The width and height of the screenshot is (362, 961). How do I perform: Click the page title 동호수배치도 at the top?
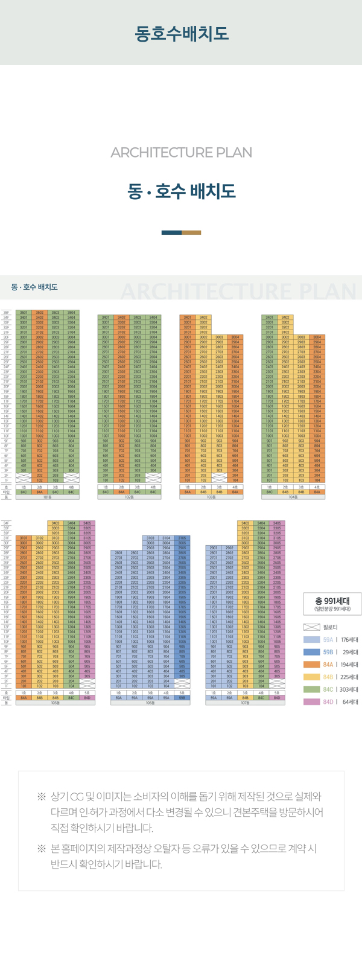(181, 33)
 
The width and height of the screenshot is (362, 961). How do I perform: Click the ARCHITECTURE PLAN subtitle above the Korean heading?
(181, 153)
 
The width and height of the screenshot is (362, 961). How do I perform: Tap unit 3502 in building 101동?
(40, 313)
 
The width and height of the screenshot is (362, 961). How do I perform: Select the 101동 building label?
(48, 497)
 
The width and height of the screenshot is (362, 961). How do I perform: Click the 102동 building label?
(129, 497)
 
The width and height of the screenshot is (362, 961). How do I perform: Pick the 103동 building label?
(211, 497)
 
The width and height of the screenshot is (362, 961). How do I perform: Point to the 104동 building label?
(293, 497)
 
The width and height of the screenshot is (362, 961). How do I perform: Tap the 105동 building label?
(56, 703)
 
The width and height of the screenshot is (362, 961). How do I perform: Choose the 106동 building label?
(150, 703)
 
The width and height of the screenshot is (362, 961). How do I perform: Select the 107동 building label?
(245, 703)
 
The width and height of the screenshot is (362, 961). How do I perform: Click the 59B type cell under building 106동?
(182, 698)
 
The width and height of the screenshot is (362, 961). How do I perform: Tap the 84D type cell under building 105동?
(87, 698)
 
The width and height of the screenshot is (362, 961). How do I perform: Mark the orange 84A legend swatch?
(311, 665)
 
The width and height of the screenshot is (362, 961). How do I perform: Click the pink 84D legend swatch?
(311, 702)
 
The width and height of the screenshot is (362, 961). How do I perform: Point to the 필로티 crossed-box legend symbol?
(311, 628)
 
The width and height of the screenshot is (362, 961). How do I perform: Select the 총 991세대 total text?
(332, 601)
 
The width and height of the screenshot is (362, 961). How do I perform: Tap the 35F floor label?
(6, 313)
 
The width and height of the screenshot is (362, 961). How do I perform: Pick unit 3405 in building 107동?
(277, 523)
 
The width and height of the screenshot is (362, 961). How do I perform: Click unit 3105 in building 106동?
(182, 538)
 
